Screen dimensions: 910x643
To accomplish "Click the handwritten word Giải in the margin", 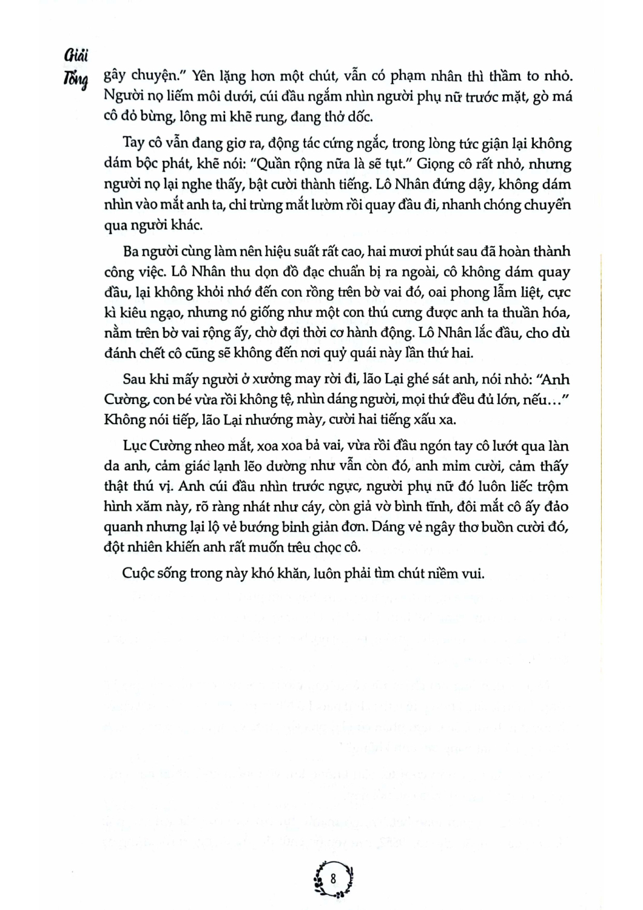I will [76, 57].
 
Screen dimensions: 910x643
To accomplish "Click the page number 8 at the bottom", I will [333, 878].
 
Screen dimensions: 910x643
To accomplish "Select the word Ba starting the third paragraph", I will [132, 251].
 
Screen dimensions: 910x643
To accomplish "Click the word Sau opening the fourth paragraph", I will [135, 380].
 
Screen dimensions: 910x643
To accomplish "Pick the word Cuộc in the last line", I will [140, 574].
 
